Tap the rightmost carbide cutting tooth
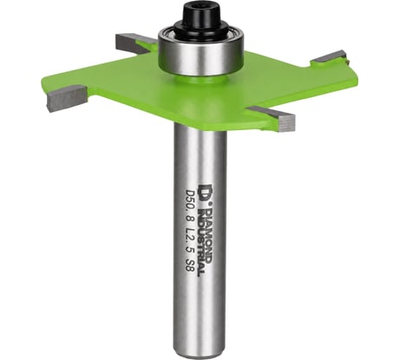click(331, 56)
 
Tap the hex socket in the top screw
click(201, 5)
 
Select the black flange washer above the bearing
click(201, 29)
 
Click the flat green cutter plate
click(197, 93)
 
